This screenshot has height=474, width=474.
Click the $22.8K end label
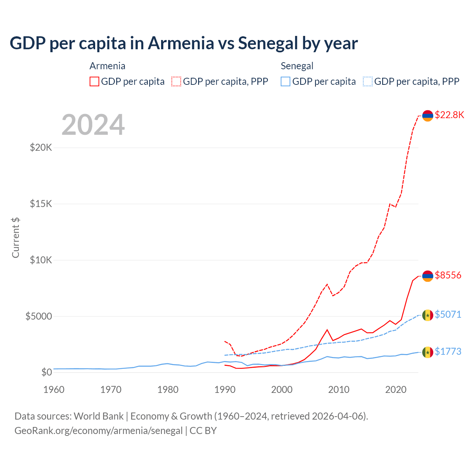coord(449,115)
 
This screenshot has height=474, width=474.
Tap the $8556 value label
coord(448,275)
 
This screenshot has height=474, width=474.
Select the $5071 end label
coord(448,314)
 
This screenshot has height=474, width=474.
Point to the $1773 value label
coord(448,351)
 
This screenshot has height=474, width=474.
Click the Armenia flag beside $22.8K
coord(428,116)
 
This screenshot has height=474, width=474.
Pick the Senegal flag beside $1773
coord(428,352)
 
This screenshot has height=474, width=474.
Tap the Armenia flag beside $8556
coord(428,276)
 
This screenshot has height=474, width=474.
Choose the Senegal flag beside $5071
coord(428,315)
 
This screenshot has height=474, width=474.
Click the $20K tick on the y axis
coord(41,148)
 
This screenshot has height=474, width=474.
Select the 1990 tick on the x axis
coord(225,390)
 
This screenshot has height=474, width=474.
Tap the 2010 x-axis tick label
coord(339,390)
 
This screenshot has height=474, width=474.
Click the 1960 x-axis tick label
coord(54,390)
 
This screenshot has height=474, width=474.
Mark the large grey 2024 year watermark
coord(93,125)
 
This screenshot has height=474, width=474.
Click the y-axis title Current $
coord(16,237)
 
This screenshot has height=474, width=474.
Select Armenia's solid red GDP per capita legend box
coord(94,81)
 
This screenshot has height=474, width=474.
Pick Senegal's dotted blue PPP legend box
coord(368,81)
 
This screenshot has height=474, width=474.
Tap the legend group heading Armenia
coord(107,66)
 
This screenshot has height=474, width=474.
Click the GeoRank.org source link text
coord(99,431)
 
